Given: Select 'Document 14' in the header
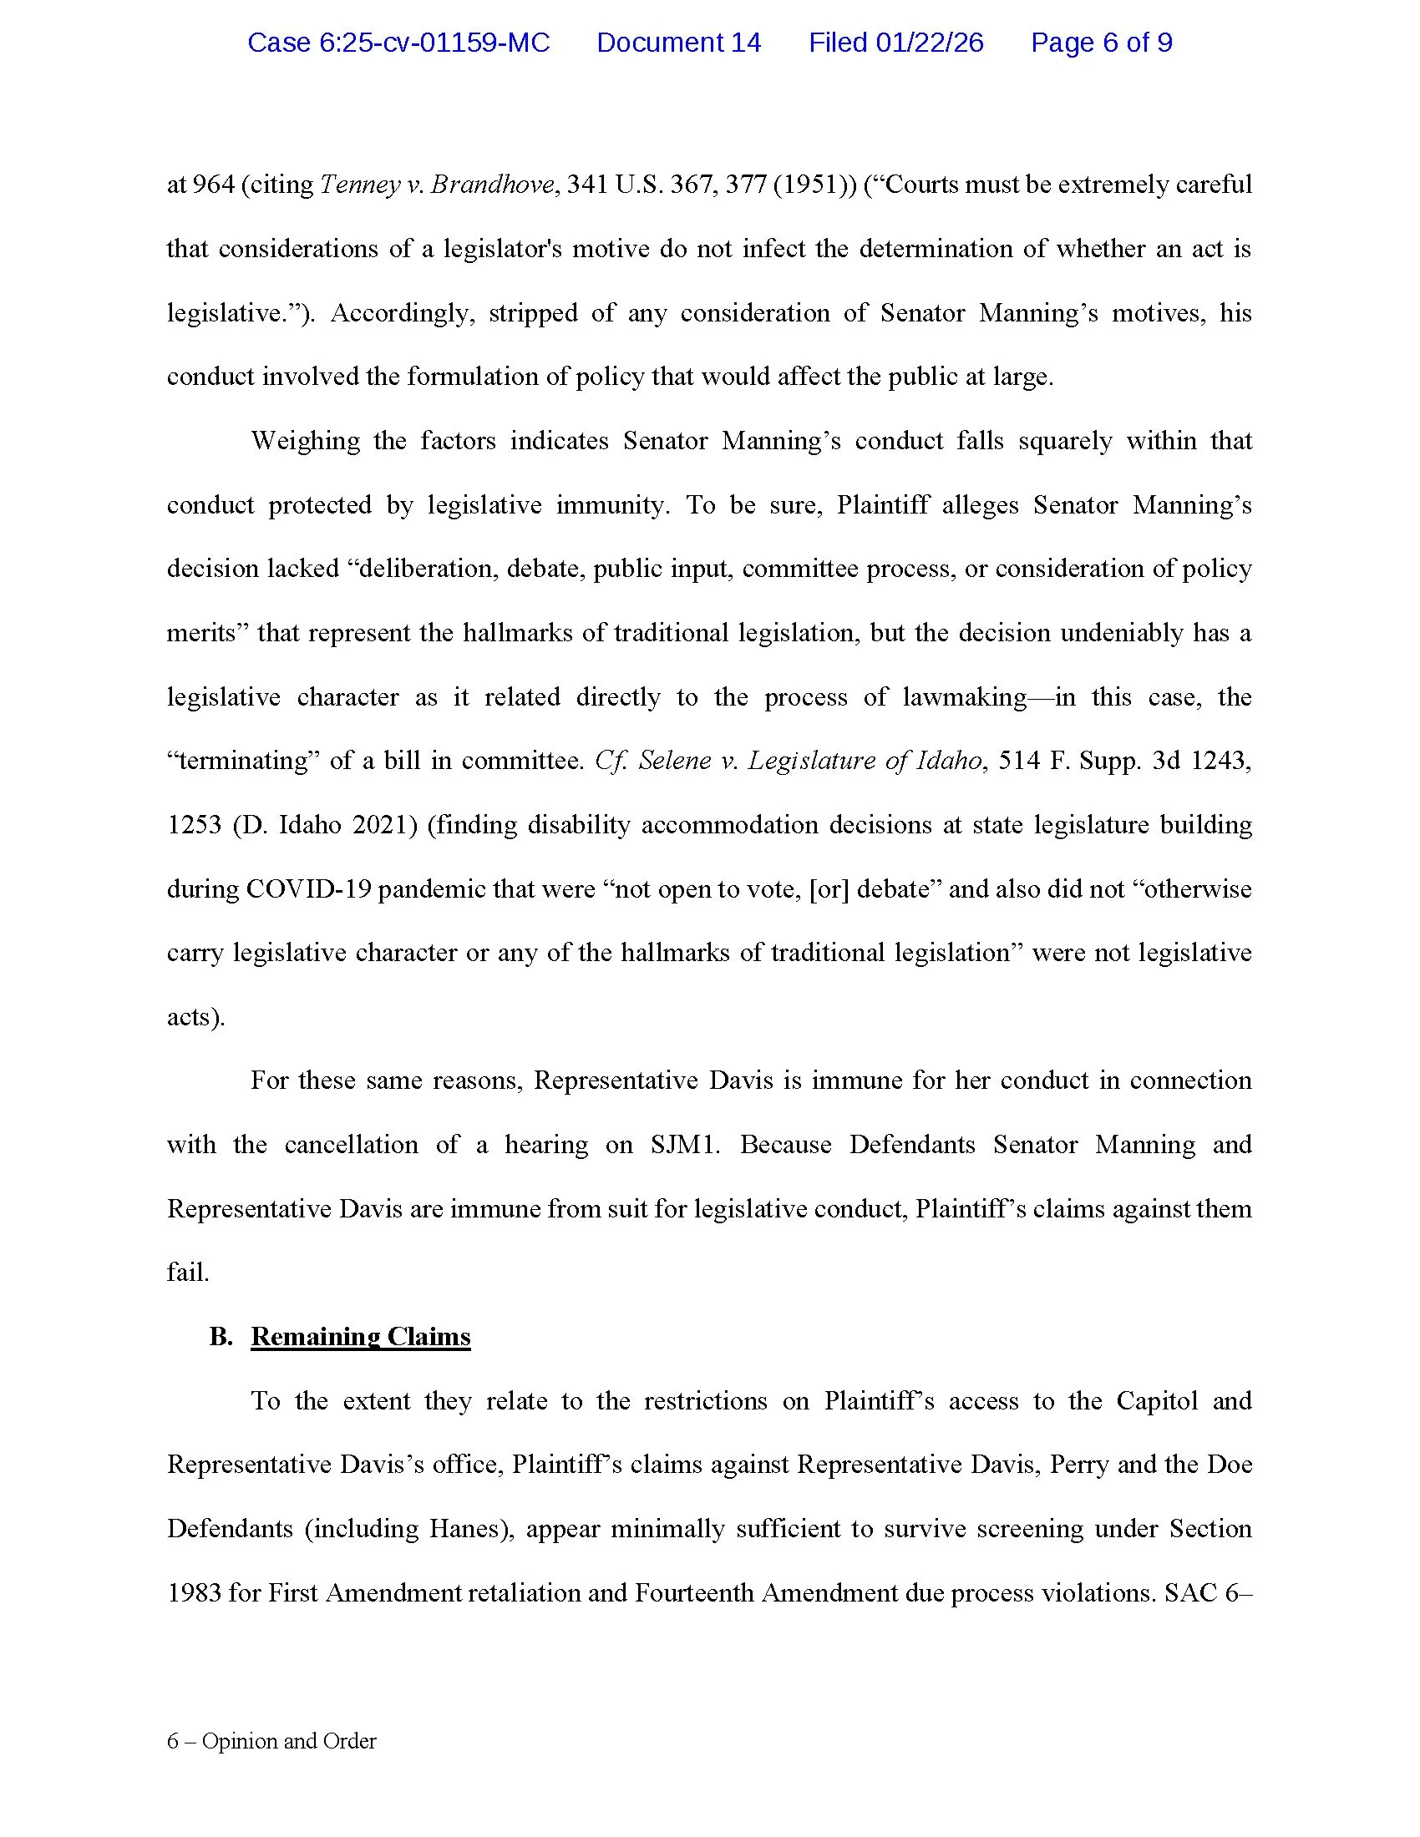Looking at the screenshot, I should coord(678,43).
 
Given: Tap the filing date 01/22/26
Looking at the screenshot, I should coord(929,43).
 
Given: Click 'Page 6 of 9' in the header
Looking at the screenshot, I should coord(1101,43).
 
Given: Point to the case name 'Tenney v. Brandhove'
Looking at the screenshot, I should coord(437,185).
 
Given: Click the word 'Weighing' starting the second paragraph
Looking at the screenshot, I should coord(306,441).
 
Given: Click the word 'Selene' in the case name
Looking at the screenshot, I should coord(669,761).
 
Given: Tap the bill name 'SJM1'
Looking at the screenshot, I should coord(685,1145).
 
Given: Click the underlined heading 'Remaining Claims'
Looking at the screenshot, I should coord(360,1337).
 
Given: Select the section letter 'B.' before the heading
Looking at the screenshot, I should coord(221,1337).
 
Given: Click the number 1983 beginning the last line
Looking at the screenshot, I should coord(194,1593).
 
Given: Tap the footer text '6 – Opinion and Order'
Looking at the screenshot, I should coord(271,1741).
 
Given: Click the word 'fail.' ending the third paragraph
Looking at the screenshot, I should coord(188,1273).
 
